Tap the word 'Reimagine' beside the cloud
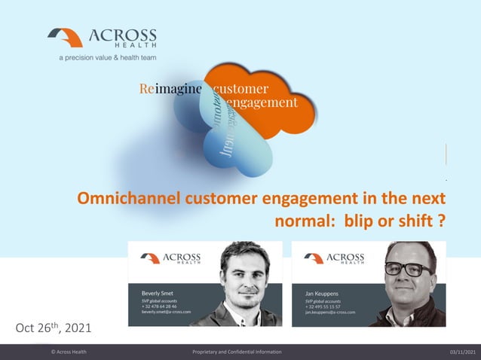pyautogui.click(x=171, y=89)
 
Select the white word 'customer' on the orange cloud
pyautogui.click(x=241, y=89)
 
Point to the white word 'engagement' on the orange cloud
pyautogui.click(x=261, y=102)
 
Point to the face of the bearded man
pyautogui.click(x=244, y=273)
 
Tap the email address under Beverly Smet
pyautogui.click(x=166, y=311)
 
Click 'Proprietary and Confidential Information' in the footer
pyautogui.click(x=237, y=352)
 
